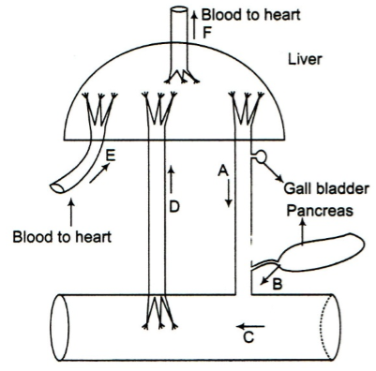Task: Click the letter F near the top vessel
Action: pyautogui.click(x=206, y=33)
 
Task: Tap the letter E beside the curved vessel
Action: pyautogui.click(x=111, y=156)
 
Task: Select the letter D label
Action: pyautogui.click(x=174, y=206)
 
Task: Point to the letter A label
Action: pyautogui.click(x=223, y=171)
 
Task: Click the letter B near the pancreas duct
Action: pyautogui.click(x=278, y=284)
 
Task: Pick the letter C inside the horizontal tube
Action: pyautogui.click(x=248, y=337)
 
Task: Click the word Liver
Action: pyautogui.click(x=305, y=59)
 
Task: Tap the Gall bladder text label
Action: pyautogui.click(x=326, y=189)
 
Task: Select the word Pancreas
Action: pyautogui.click(x=320, y=211)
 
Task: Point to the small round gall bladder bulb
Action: pyautogui.click(x=262, y=156)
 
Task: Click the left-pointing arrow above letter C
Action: pyautogui.click(x=250, y=327)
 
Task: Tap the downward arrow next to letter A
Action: pyautogui.click(x=229, y=193)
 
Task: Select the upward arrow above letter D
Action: pyautogui.click(x=171, y=179)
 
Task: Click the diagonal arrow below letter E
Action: pyautogui.click(x=99, y=173)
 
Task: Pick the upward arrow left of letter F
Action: pyautogui.click(x=194, y=24)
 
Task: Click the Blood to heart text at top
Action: pyautogui.click(x=250, y=15)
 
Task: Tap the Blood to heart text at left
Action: pyautogui.click(x=62, y=237)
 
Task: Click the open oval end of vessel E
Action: pyautogui.click(x=58, y=187)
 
